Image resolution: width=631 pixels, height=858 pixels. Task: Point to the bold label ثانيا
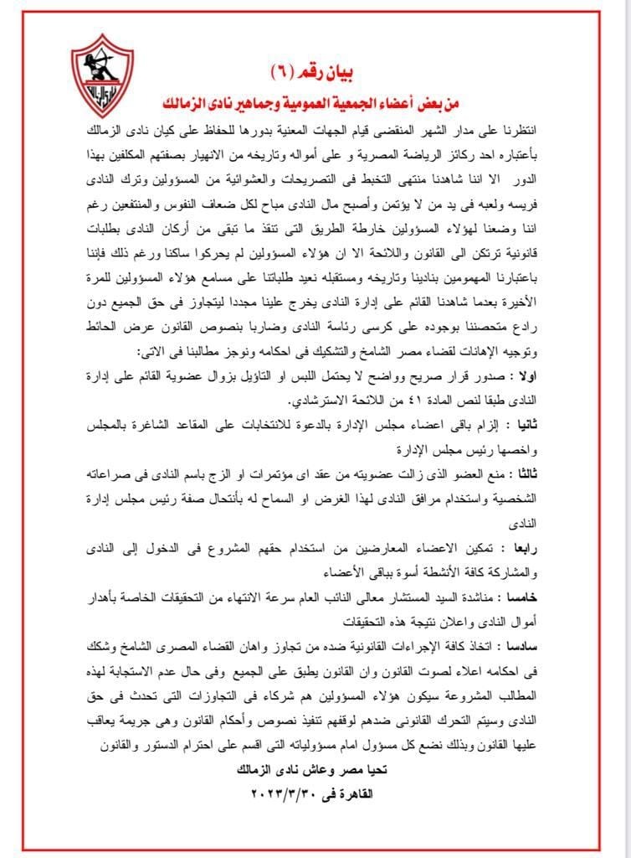[532, 426]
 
